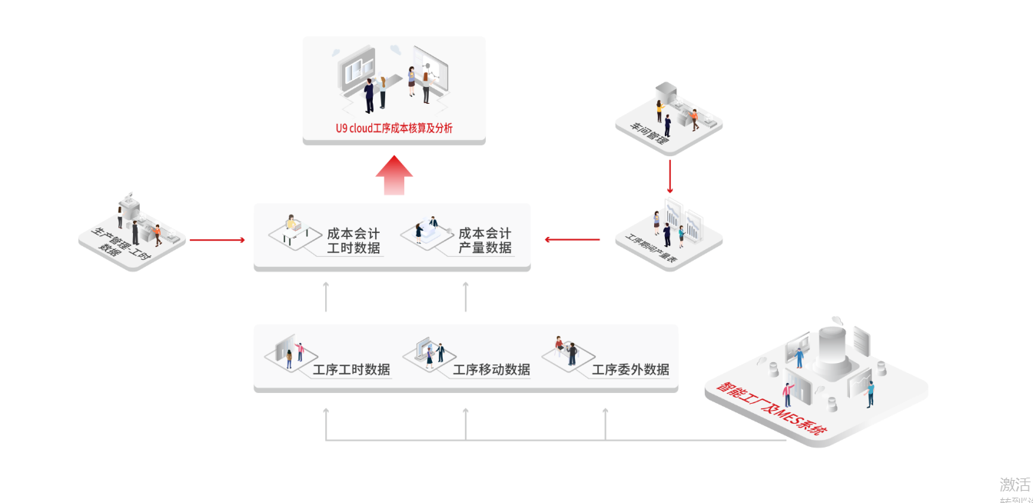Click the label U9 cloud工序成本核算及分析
pyautogui.click(x=394, y=128)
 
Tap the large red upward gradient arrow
pyautogui.click(x=394, y=176)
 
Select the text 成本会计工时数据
pyautogui.click(x=354, y=241)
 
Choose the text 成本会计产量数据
pyautogui.click(x=485, y=241)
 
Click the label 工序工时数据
pyautogui.click(x=351, y=370)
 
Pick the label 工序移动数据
pyautogui.click(x=491, y=370)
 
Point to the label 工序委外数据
pyautogui.click(x=630, y=370)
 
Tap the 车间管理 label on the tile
pyautogui.click(x=651, y=135)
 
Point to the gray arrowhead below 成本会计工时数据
pyautogui.click(x=326, y=286)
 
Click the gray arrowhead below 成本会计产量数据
pyautogui.click(x=466, y=286)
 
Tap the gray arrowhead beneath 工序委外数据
pyautogui.click(x=605, y=413)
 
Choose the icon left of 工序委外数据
pyautogui.click(x=566, y=351)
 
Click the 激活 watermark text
pyautogui.click(x=1015, y=485)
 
